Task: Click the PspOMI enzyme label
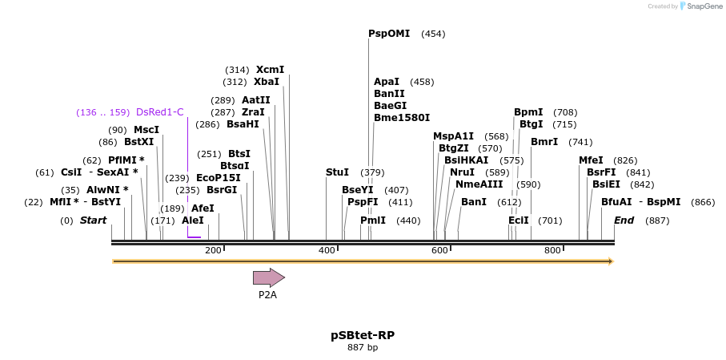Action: click(389, 34)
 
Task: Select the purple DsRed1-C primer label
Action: click(160, 112)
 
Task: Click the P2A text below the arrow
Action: click(267, 295)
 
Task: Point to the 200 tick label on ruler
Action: click(213, 251)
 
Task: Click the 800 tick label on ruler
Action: click(552, 251)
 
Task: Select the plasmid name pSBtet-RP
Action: click(363, 334)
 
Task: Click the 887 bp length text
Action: click(363, 347)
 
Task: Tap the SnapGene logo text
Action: click(701, 6)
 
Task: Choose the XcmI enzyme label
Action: click(270, 70)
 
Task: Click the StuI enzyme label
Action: click(337, 172)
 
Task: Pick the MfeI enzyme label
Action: click(591, 160)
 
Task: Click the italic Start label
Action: click(93, 220)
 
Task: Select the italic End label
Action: click(624, 220)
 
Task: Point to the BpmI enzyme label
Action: click(528, 112)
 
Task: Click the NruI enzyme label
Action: click(462, 172)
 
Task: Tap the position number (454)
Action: click(433, 34)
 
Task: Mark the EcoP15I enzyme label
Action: click(219, 178)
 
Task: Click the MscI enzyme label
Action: click(146, 130)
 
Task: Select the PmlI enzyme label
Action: click(373, 220)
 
